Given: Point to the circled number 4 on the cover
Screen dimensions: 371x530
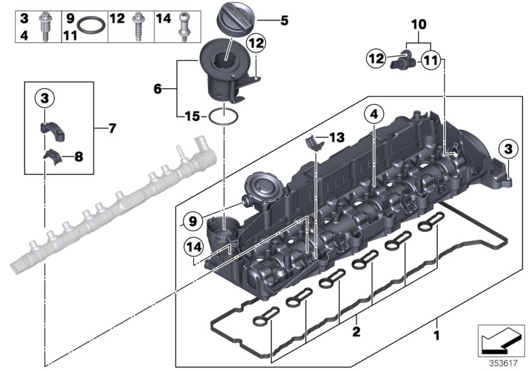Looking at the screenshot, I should click(374, 114).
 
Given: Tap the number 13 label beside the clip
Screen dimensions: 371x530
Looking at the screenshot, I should click(337, 137).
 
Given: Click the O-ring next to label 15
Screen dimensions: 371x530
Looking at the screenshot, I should click(224, 117).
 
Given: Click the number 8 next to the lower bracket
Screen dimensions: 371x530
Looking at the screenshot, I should click(79, 157).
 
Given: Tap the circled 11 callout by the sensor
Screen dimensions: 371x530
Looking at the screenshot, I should click(430, 60).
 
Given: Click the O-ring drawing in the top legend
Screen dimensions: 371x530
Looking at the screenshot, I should click(91, 26).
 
